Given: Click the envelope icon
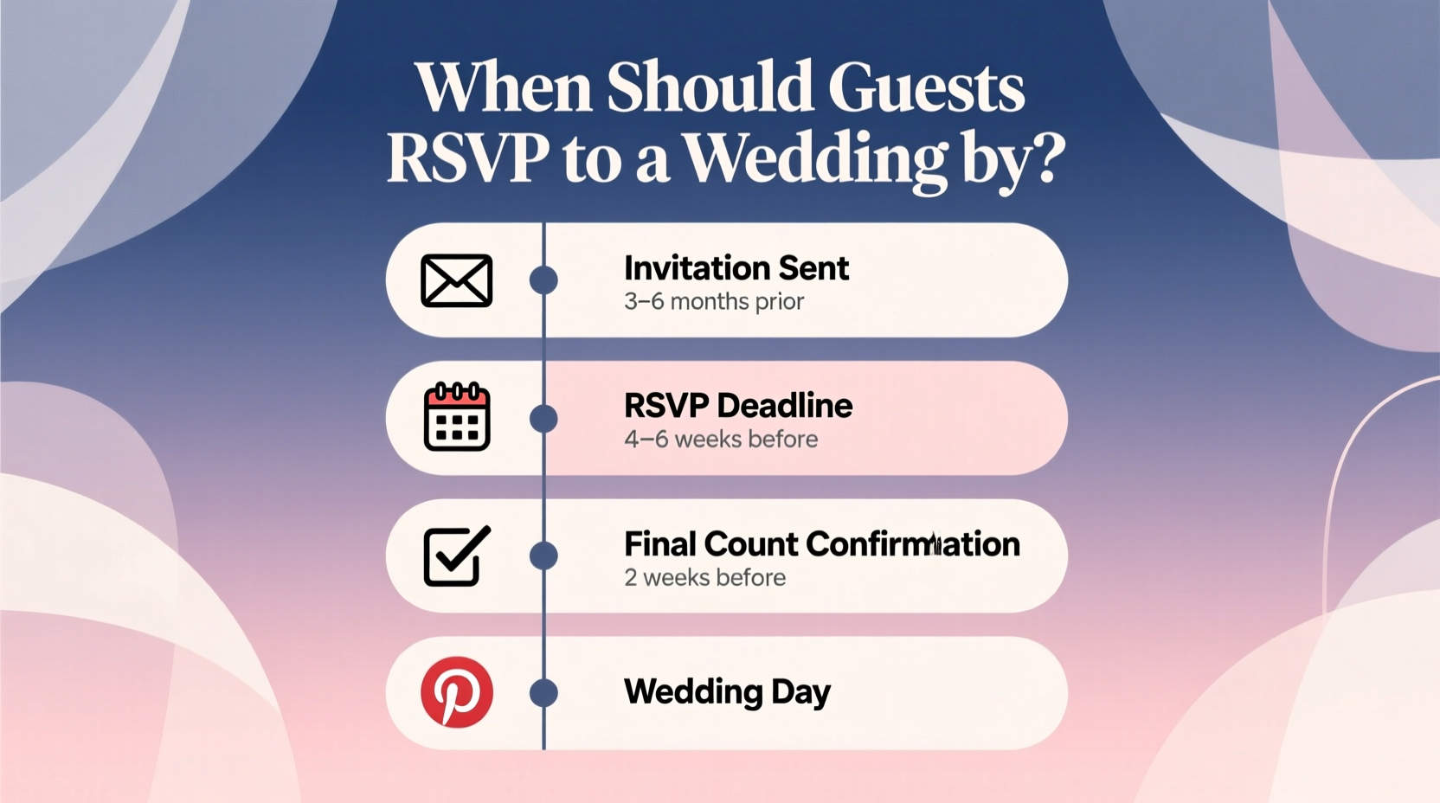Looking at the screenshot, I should [x=457, y=280].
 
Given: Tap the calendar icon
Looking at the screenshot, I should [x=457, y=417].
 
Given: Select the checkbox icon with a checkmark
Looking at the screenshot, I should [x=457, y=556].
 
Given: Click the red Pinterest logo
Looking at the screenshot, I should [x=457, y=692].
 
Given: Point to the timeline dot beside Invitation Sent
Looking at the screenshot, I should [x=543, y=280].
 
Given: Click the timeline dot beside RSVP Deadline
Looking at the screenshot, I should [x=543, y=418].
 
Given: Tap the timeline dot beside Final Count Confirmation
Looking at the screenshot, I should [x=543, y=556].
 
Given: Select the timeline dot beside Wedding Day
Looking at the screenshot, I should [x=543, y=692].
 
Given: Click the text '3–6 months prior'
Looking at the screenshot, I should [x=714, y=302].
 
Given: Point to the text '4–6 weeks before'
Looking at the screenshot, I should [x=721, y=440].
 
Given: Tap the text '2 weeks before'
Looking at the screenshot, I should [x=704, y=578].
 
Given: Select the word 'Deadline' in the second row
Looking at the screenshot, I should [x=784, y=406].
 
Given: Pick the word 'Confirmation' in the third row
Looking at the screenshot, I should [x=913, y=544].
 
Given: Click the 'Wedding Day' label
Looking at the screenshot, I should [x=727, y=692].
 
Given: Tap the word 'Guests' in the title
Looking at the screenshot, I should [x=926, y=88].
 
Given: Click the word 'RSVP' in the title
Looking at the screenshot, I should [x=467, y=158].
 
